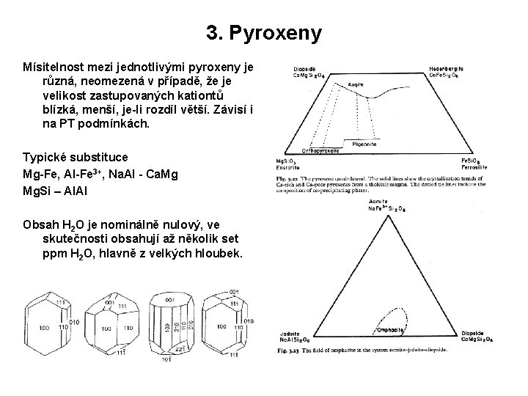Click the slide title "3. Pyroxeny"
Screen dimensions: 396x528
click(264, 33)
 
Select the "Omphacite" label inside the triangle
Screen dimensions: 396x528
click(389, 329)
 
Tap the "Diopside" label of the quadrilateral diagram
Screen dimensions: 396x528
click(305, 68)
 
